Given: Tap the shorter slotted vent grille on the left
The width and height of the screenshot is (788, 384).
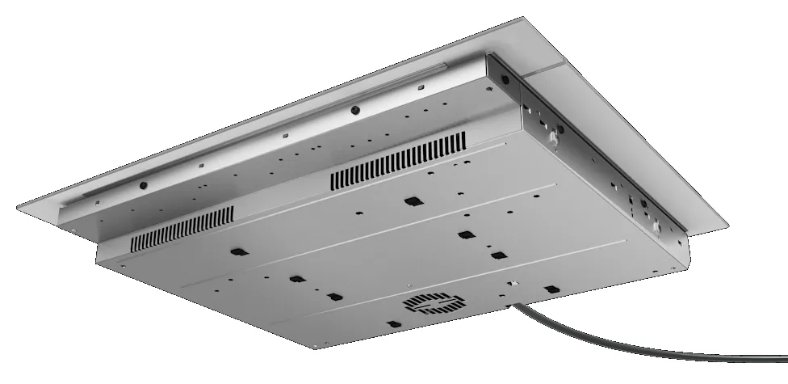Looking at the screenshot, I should click(182, 228).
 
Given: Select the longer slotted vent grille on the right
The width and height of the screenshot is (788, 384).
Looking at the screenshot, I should click(398, 162).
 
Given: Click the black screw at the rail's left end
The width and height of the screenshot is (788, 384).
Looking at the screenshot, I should click(143, 184).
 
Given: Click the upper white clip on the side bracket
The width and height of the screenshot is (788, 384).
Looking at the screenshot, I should click(555, 139).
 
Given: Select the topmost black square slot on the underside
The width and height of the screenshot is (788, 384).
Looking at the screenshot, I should click(412, 200).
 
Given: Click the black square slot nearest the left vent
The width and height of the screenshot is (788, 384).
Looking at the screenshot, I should click(236, 251).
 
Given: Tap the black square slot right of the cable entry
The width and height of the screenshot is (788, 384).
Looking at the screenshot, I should click(551, 289).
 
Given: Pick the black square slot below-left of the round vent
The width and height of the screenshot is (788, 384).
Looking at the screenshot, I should click(392, 324).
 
